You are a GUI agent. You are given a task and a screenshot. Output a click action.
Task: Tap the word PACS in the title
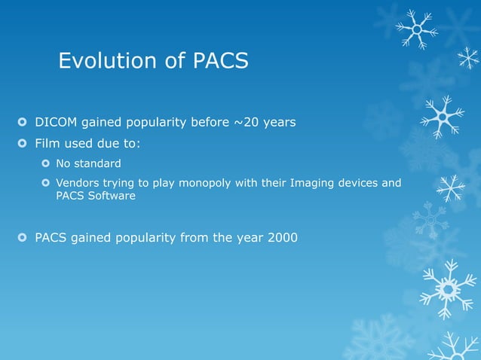click(x=219, y=60)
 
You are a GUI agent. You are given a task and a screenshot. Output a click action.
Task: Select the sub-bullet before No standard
click(x=46, y=163)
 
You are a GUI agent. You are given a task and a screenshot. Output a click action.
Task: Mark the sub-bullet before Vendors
click(x=46, y=182)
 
